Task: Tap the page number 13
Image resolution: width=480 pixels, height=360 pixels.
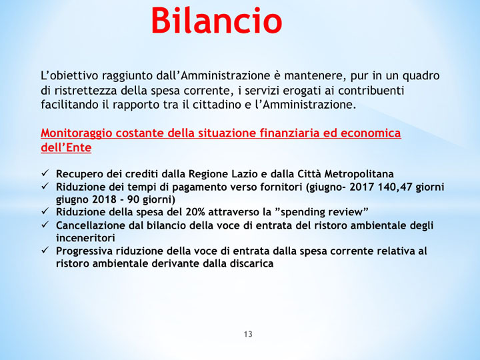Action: pos(248,334)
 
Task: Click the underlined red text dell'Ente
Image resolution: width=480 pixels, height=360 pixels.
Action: pos(66,147)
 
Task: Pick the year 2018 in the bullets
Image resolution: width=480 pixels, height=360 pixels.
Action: pos(101,199)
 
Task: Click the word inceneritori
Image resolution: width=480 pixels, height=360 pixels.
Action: pos(85,237)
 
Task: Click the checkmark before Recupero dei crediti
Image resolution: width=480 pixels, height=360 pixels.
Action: pos(45,174)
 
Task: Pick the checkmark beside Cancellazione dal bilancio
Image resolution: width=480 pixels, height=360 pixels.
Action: pos(45,225)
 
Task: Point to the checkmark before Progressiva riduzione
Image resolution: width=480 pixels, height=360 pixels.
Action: pos(45,251)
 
